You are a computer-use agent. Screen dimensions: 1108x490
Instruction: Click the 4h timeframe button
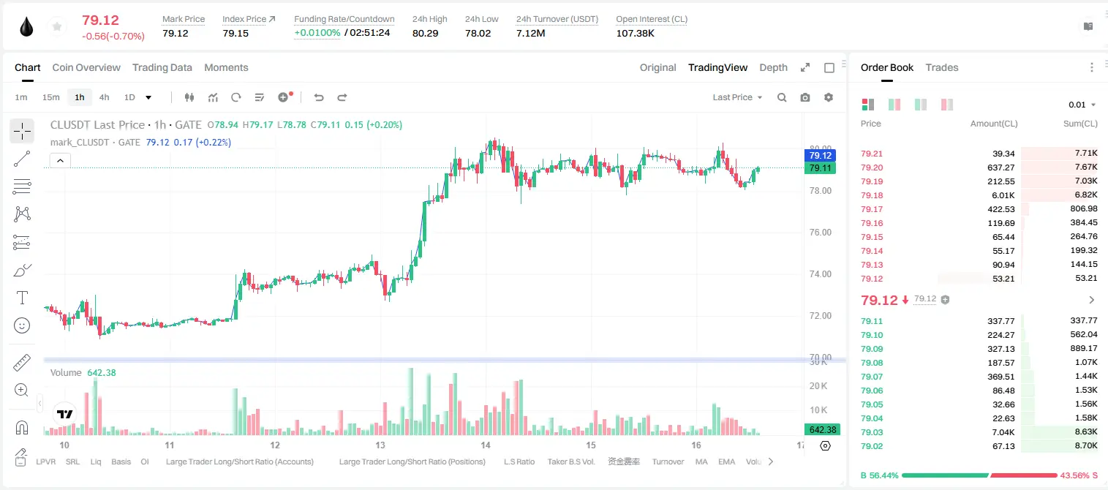coord(104,97)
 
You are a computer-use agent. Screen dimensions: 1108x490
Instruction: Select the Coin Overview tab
coord(86,67)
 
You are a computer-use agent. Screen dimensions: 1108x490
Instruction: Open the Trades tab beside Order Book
coord(942,67)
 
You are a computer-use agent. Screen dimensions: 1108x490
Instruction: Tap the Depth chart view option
coord(773,67)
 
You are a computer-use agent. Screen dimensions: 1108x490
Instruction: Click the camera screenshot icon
coord(805,97)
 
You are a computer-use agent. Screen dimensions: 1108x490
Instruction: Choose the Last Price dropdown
coord(737,97)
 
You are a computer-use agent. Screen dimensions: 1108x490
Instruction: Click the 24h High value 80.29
coord(426,33)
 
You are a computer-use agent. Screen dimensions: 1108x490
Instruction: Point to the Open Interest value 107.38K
coord(635,33)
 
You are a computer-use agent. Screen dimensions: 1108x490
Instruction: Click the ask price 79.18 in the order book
coord(872,195)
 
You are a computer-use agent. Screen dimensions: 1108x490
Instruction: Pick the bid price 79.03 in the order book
coord(872,432)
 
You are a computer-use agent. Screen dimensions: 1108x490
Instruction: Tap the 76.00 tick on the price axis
coord(820,233)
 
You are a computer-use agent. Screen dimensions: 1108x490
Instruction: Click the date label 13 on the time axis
coord(380,445)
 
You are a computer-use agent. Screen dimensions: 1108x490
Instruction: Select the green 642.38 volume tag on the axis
coord(823,430)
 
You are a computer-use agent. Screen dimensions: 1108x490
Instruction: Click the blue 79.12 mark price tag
coord(820,155)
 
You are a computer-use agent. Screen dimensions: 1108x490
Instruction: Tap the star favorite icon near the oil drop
coord(57,26)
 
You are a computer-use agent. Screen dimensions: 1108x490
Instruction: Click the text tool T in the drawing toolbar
coord(22,298)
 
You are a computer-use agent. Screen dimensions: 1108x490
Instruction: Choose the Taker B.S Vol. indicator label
coord(570,461)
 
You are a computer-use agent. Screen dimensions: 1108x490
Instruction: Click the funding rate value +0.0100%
coord(317,33)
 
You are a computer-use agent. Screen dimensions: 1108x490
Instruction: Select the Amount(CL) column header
coord(994,124)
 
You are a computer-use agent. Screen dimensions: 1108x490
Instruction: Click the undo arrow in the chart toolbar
coord(319,97)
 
